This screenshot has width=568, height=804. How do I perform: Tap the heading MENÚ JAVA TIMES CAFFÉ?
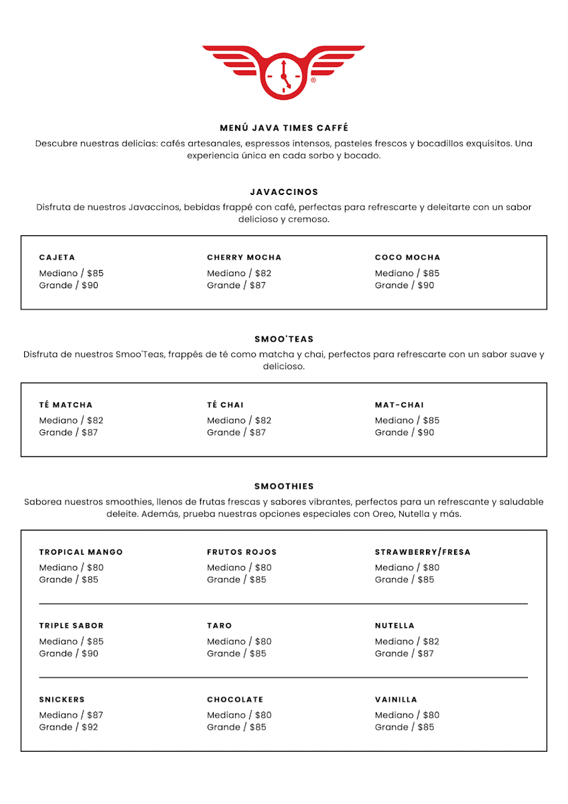pos(284,128)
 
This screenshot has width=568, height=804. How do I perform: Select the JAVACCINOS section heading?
pos(284,192)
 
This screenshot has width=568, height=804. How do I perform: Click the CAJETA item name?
pos(57,257)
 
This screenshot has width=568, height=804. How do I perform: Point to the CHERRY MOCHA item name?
pos(244,257)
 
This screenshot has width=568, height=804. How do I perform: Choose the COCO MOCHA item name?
pos(408,257)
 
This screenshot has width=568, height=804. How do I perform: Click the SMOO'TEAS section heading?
pos(284,339)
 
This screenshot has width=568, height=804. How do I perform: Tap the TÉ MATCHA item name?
pos(66,405)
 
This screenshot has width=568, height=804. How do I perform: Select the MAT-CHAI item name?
pos(399,405)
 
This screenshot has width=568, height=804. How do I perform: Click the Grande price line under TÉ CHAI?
pos(236,433)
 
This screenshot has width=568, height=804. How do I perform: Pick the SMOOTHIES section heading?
pos(284,486)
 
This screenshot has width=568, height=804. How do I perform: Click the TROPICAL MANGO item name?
pos(81,552)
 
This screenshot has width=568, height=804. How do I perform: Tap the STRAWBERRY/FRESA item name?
pos(423,552)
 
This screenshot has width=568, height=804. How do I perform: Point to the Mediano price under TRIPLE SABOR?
pos(71,641)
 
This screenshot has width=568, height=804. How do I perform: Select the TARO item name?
pos(219,626)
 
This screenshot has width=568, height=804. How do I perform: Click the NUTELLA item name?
pos(395,626)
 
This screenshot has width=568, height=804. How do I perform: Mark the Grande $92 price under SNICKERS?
pos(68,727)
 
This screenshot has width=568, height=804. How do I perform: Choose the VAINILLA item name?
pos(396,699)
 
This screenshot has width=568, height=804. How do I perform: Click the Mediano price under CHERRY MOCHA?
pos(239,273)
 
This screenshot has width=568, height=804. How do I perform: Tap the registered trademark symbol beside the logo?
pos(313,80)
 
